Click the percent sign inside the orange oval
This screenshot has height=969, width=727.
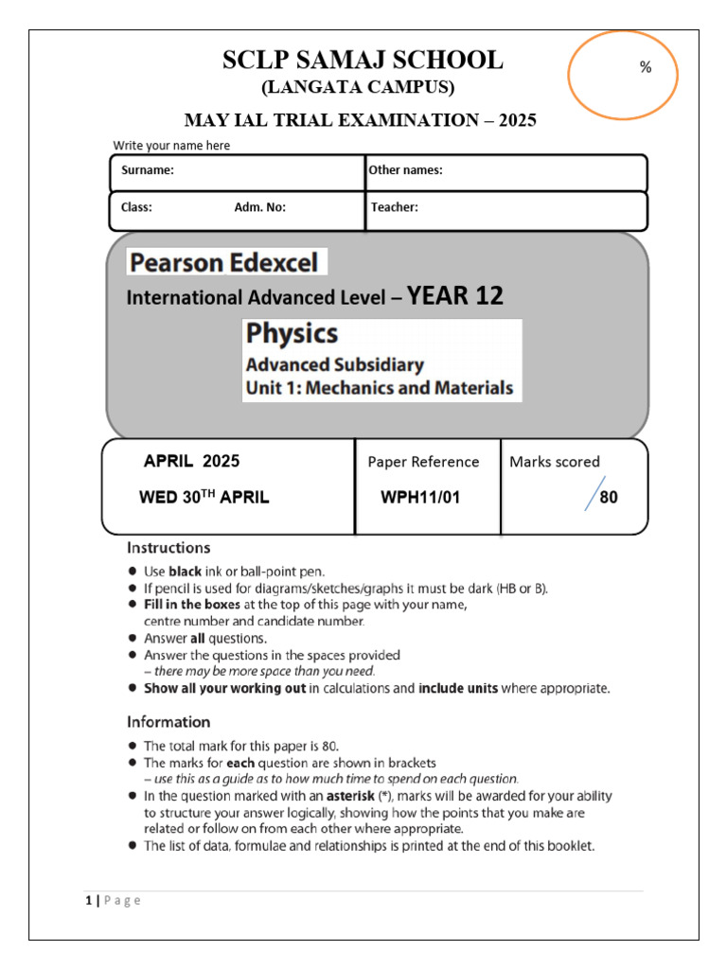click(x=646, y=67)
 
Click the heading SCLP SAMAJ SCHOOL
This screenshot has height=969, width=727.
click(x=363, y=61)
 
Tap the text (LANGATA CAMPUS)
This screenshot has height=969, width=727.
click(x=358, y=89)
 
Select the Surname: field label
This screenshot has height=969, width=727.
click(x=148, y=170)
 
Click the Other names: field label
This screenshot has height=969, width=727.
click(x=406, y=170)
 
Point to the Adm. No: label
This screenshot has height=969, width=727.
click(x=259, y=207)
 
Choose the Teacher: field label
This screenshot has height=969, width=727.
click(x=395, y=207)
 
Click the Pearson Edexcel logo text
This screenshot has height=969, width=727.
click(x=227, y=262)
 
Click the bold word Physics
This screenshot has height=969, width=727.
click(x=293, y=334)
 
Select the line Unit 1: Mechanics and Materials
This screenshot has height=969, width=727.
click(x=380, y=387)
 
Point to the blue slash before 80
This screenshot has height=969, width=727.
click(x=594, y=495)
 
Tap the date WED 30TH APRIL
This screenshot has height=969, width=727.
click(x=204, y=498)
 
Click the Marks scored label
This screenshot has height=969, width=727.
click(x=555, y=462)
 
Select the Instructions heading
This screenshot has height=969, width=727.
click(x=169, y=547)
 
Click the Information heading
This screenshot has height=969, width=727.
click(x=169, y=721)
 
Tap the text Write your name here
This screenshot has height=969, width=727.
click(x=171, y=145)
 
